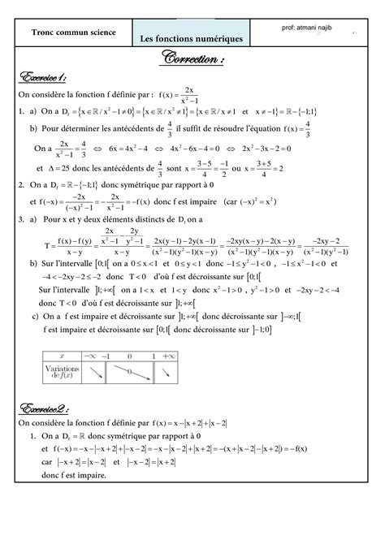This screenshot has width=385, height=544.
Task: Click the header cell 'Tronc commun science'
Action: (72, 32)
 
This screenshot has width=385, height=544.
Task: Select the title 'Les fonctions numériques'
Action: (191, 37)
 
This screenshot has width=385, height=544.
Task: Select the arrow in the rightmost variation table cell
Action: (166, 373)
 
